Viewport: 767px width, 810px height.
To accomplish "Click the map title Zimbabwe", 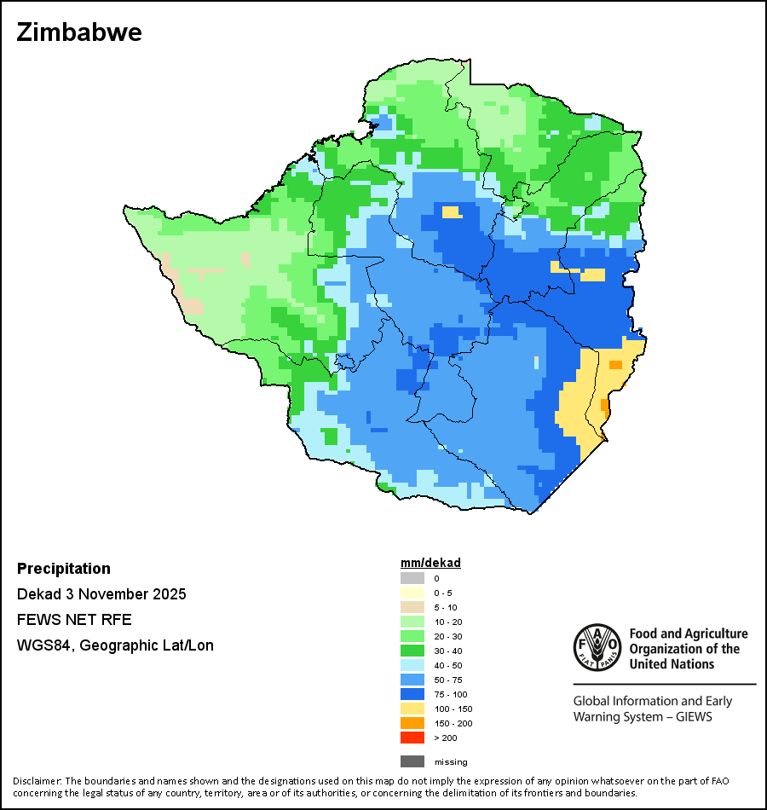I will [79, 32].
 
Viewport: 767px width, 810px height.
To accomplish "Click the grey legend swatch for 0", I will [412, 578].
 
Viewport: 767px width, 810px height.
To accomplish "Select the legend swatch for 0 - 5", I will [412, 593].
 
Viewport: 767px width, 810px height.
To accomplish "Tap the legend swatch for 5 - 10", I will [412, 607].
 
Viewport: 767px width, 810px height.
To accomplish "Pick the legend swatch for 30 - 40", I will [412, 651].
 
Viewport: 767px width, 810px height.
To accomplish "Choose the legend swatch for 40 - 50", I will [412, 665].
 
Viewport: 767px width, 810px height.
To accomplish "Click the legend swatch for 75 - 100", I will [412, 694].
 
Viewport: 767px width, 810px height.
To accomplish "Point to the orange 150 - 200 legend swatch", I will [412, 723].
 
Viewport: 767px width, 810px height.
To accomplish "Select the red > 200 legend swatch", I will [412, 738].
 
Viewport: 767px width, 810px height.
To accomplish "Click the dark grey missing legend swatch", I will [412, 761].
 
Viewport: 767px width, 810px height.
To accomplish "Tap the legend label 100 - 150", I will [453, 709].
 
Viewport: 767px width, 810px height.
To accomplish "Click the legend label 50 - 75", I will [449, 680].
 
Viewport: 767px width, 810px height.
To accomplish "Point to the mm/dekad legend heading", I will [430, 563].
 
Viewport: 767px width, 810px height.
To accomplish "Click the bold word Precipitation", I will [64, 569].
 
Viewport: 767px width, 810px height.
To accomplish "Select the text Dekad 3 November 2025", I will [101, 594].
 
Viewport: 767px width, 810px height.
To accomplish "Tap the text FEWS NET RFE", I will [74, 620].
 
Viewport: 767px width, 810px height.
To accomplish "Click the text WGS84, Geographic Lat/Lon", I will [115, 645].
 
